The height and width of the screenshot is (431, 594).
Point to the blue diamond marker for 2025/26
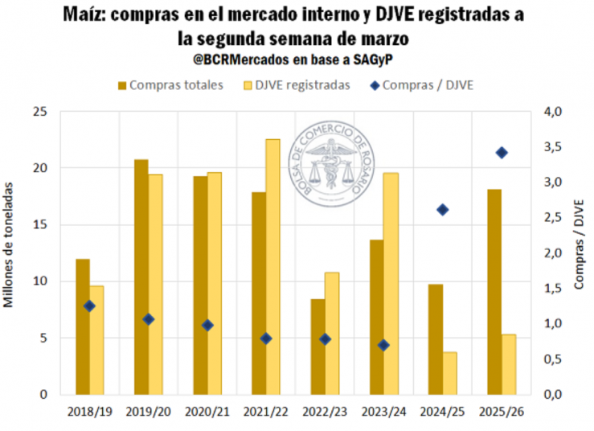click(502, 153)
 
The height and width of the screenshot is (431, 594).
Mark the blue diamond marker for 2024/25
click(442, 210)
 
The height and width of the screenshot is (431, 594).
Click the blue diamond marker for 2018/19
click(89, 306)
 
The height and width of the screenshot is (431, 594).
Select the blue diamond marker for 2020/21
click(207, 325)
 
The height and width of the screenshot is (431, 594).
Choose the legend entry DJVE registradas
click(302, 85)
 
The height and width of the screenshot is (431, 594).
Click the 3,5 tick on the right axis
click(554, 147)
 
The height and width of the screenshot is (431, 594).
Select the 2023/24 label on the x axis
click(383, 411)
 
